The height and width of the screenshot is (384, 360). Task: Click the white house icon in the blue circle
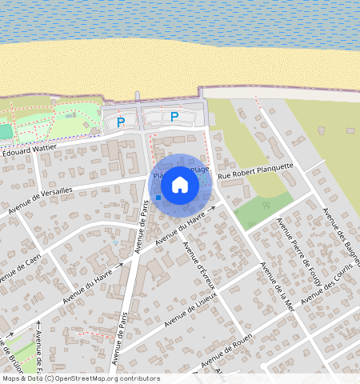180,184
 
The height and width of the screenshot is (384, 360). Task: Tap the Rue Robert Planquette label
257,168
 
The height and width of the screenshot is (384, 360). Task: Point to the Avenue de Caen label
20,269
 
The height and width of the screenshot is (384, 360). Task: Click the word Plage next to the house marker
201,170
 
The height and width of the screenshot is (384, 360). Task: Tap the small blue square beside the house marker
158,197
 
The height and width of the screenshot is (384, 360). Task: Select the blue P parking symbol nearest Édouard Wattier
121,122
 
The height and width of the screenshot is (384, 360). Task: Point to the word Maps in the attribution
11,378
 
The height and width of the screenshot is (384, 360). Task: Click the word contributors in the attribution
141,378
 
